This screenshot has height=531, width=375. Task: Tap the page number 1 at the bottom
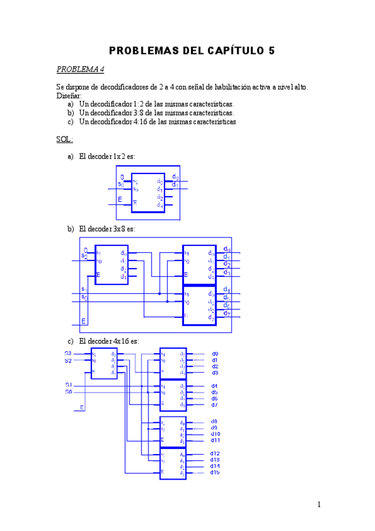pos(319,505)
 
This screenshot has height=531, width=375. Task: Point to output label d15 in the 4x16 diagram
pos(215,472)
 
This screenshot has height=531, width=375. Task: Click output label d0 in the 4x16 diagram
pos(215,354)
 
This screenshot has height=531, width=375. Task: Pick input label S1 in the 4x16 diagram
pos(68,384)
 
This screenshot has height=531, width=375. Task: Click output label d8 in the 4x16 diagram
pos(214,421)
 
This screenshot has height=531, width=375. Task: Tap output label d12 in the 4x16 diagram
pos(215,453)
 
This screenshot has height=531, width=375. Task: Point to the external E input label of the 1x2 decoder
pos(120,200)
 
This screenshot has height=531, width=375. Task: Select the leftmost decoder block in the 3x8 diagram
pos(111,265)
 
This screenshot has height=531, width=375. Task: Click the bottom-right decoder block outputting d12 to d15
pos(173,463)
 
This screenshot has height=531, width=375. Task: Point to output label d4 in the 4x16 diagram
pos(214,386)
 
